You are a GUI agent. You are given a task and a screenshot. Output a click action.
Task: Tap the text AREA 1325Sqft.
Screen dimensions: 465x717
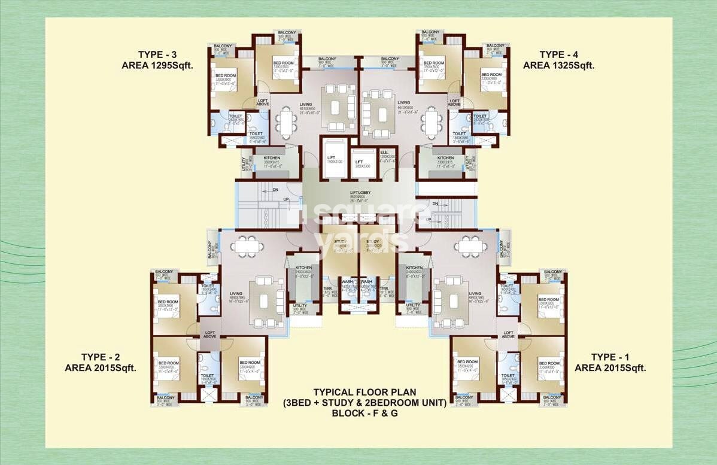pyautogui.click(x=558, y=65)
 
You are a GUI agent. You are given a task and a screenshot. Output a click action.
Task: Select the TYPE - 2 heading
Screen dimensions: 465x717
pyautogui.click(x=101, y=357)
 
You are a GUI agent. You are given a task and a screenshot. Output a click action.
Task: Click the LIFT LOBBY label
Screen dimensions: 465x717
pyautogui.click(x=361, y=193)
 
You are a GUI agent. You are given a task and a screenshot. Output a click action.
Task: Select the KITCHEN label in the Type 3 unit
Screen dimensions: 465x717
pyautogui.click(x=272, y=158)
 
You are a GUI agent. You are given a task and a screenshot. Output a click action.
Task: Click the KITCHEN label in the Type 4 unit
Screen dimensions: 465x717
pyautogui.click(x=445, y=158)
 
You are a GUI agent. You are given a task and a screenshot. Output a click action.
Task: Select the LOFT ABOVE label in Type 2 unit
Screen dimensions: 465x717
pyautogui.click(x=209, y=334)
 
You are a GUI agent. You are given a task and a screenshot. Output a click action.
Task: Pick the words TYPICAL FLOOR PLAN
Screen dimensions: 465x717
pyautogui.click(x=365, y=393)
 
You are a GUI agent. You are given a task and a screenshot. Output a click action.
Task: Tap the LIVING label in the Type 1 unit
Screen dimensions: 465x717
pyautogui.click(x=475, y=293)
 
